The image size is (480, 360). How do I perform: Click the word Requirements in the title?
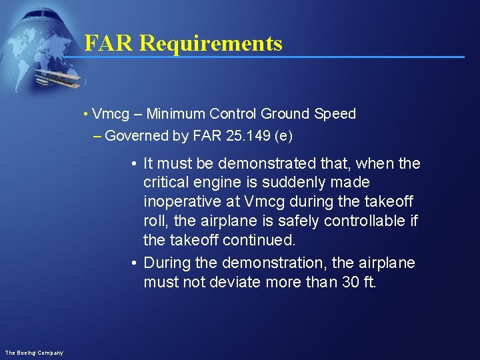tap(211, 43)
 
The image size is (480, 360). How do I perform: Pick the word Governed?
tap(137, 136)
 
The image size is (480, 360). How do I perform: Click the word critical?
tap(167, 183)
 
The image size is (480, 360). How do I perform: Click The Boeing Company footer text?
tap(34, 353)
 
